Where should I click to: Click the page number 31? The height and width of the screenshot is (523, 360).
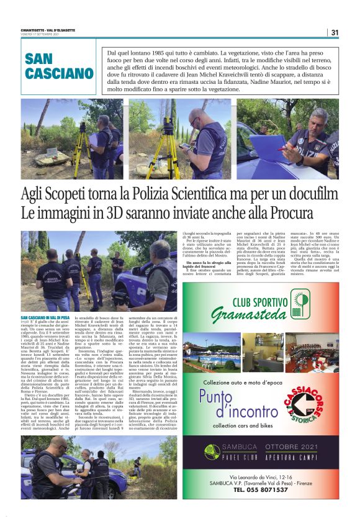click(335, 32)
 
